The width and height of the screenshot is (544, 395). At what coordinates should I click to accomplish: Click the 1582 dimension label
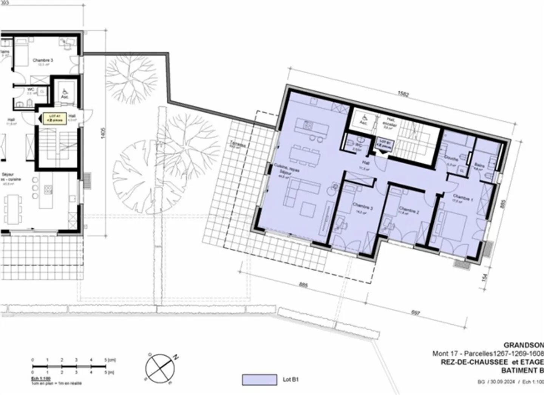tap(403, 94)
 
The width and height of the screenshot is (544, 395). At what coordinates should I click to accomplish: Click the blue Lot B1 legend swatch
tap(259, 379)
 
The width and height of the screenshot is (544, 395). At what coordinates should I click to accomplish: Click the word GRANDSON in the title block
tap(524, 345)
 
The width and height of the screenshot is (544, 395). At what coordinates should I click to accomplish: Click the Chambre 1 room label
tap(462, 198)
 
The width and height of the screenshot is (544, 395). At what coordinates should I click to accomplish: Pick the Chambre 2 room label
tap(409, 210)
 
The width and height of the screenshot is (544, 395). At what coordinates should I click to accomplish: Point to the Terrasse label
tap(239, 145)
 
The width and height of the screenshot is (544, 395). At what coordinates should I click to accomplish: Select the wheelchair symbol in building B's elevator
tap(363, 118)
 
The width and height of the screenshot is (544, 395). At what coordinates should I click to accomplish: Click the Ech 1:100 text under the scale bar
tap(40, 378)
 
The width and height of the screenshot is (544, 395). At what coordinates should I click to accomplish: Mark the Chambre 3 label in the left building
tap(43, 60)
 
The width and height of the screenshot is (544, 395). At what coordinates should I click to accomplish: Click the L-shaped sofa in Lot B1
tap(297, 192)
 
